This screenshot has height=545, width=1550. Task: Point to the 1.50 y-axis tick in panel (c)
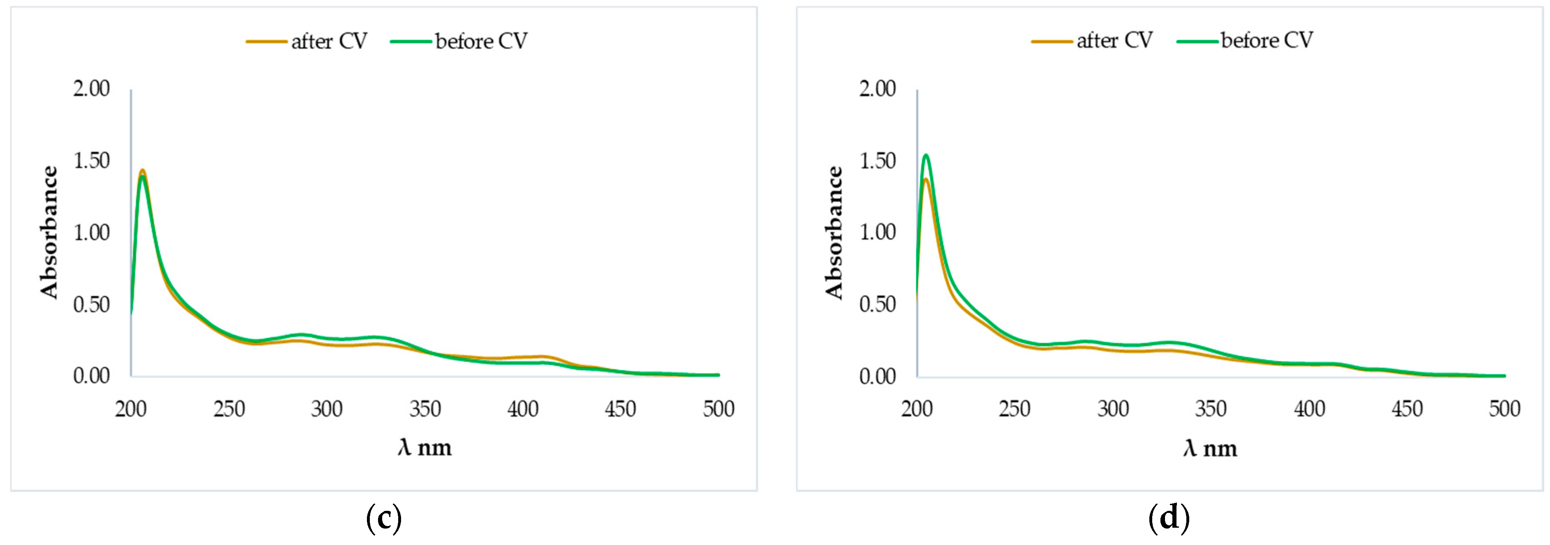click(91, 161)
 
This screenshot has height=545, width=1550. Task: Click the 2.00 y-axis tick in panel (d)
click(877, 89)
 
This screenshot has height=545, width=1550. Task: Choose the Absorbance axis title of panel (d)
click(835, 233)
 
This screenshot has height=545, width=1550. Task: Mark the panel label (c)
click(383, 518)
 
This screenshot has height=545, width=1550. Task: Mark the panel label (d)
click(1169, 518)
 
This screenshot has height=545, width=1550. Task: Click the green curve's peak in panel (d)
click(926, 155)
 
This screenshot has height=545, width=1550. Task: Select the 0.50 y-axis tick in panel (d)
click(877, 305)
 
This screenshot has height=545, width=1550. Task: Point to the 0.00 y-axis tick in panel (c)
click(91, 376)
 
